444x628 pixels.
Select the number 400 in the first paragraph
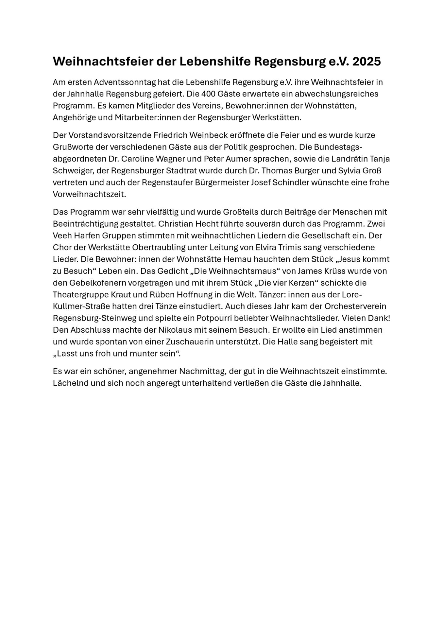pos(209,94)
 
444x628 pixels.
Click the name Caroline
pos(138,159)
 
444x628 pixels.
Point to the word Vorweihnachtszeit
pos(89,194)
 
